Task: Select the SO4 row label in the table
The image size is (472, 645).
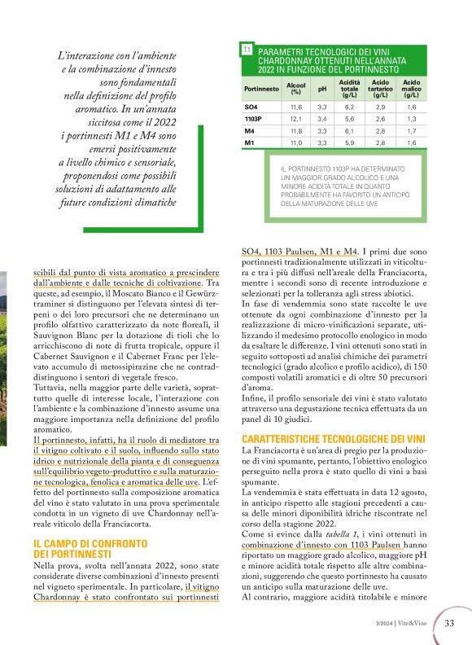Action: click(x=251, y=107)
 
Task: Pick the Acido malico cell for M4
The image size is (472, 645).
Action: click(x=411, y=130)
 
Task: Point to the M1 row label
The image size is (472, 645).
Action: click(x=250, y=143)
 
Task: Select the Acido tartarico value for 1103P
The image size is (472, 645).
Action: click(x=380, y=118)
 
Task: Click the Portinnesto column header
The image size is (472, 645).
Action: click(x=262, y=89)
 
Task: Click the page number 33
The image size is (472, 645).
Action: click(x=449, y=623)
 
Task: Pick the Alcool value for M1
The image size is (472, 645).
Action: click(x=296, y=143)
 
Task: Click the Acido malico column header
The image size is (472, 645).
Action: click(x=411, y=88)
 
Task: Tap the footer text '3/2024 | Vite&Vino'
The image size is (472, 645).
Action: click(x=404, y=624)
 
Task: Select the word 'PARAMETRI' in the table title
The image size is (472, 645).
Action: click(x=283, y=51)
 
